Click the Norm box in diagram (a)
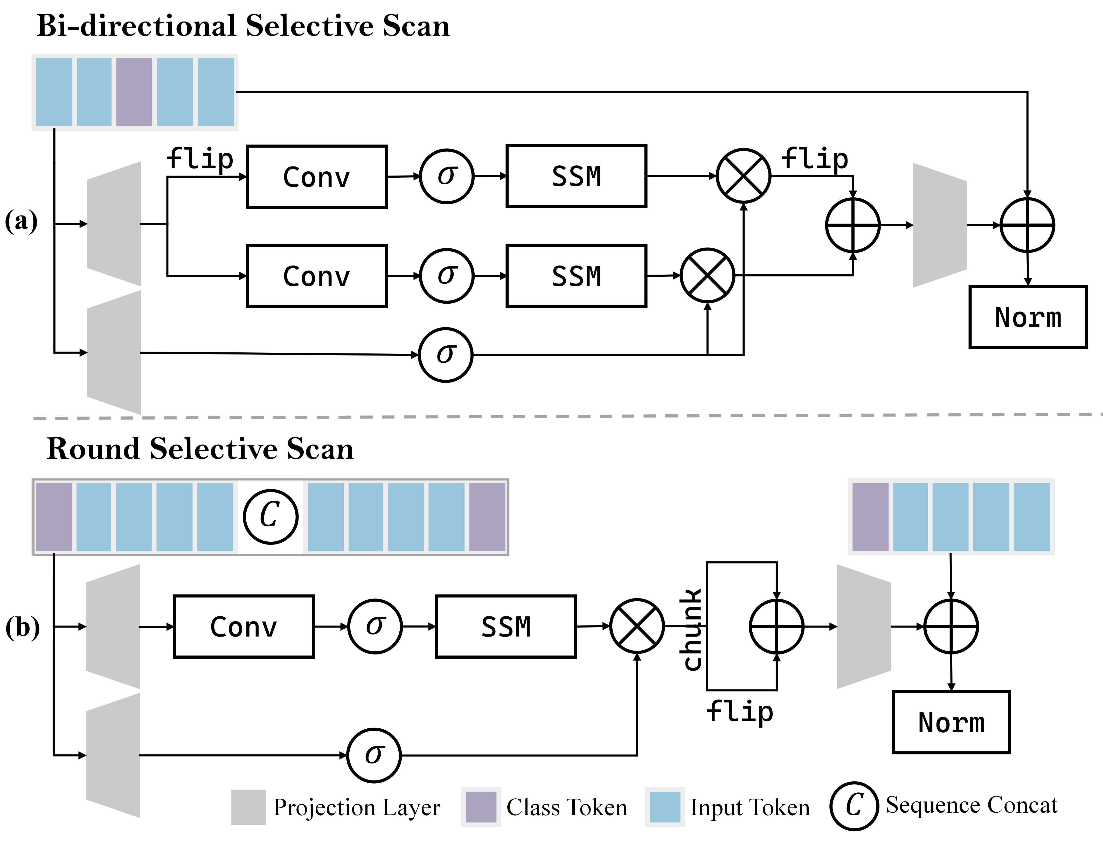[1028, 317]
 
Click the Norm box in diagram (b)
[951, 722]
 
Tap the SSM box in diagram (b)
[506, 626]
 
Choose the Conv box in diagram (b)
[244, 626]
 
